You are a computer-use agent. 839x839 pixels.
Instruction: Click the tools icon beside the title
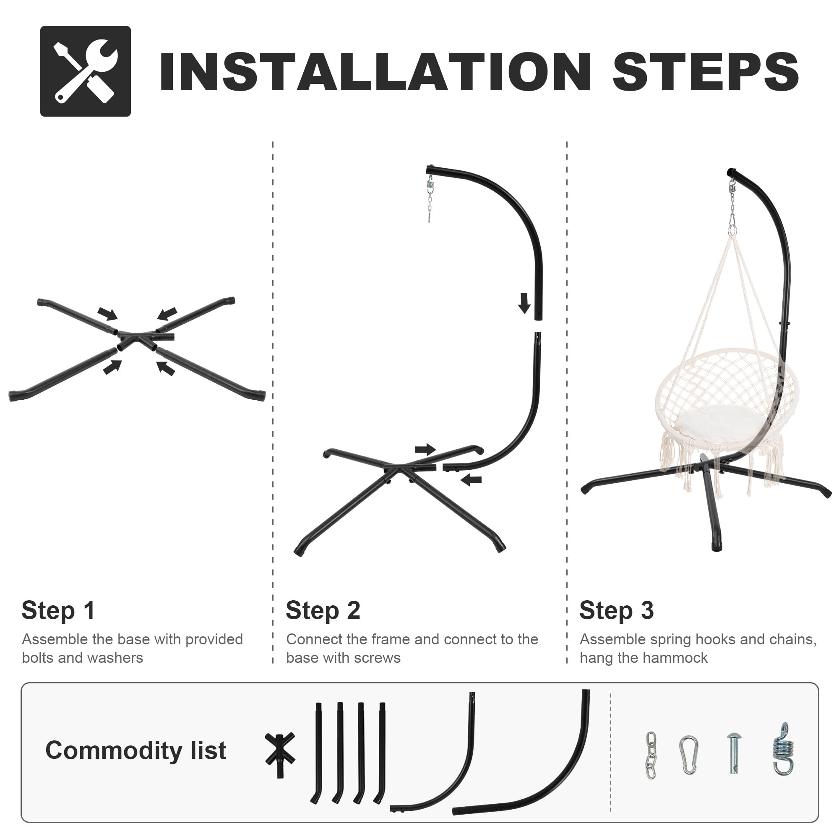pos(86,71)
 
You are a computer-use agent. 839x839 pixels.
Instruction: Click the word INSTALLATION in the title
pos(375,72)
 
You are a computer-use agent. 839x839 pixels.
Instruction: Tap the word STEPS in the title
pos(706,72)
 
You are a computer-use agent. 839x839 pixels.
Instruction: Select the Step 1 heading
pos(58,610)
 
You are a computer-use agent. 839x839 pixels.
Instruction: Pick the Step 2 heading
pos(323,610)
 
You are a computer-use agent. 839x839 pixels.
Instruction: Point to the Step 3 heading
pos(617,610)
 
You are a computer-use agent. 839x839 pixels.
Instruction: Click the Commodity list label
pos(136,750)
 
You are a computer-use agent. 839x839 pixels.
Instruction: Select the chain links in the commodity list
pos(651,755)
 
